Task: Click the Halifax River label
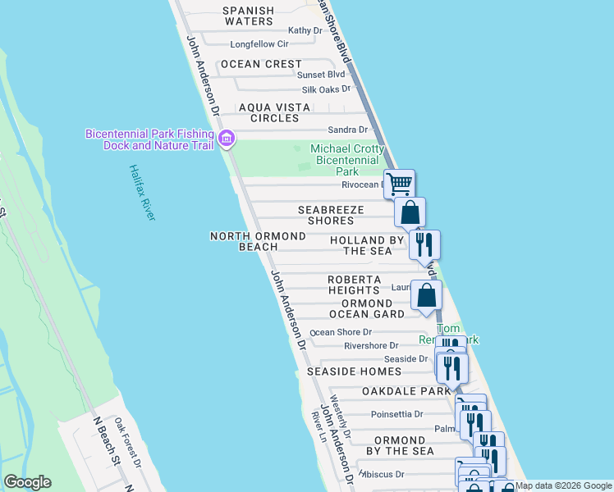pos(141,192)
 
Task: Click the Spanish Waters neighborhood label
pos(248,16)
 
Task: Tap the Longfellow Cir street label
pos(259,44)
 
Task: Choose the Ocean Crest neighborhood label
pos(259,64)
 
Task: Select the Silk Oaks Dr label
pos(326,89)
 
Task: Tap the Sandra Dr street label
pos(347,130)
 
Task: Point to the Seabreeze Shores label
pos(330,215)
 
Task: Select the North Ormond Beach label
pos(258,241)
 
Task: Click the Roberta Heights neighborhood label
pos(355,285)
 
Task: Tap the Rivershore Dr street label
pos(371,346)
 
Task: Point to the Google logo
pos(27,482)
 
